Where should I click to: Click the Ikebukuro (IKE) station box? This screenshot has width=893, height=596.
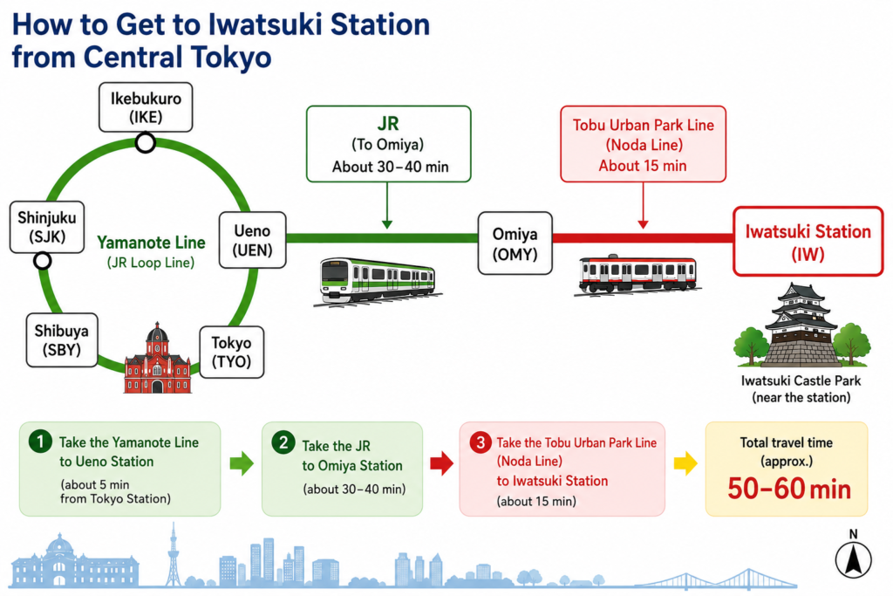pyautogui.click(x=146, y=107)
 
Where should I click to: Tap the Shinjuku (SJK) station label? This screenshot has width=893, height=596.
pyautogui.click(x=47, y=227)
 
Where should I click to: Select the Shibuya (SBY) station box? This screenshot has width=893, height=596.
pyautogui.click(x=62, y=339)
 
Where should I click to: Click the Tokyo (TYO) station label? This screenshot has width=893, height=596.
pyautogui.click(x=231, y=353)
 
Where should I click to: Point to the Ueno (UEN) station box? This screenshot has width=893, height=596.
pyautogui.click(x=252, y=240)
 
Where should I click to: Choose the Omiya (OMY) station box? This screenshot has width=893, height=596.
pyautogui.click(x=515, y=243)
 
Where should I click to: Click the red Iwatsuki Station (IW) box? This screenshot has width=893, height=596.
pyautogui.click(x=808, y=242)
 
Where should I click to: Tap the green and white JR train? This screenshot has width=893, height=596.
pyautogui.click(x=378, y=280)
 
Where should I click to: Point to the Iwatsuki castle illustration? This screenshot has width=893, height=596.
pyautogui.click(x=802, y=325)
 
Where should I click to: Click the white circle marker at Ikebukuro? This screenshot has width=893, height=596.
pyautogui.click(x=146, y=142)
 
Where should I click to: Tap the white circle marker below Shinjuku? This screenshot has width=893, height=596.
pyautogui.click(x=42, y=261)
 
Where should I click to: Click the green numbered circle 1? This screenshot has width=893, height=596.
pyautogui.click(x=40, y=441)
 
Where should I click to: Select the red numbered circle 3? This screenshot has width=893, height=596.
pyautogui.click(x=481, y=442)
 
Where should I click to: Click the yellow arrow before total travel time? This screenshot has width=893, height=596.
pyautogui.click(x=685, y=463)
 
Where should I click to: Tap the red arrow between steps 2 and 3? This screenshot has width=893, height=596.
pyautogui.click(x=442, y=463)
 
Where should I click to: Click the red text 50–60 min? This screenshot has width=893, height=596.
pyautogui.click(x=789, y=489)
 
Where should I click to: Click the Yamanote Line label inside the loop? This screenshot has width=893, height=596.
pyautogui.click(x=151, y=243)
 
